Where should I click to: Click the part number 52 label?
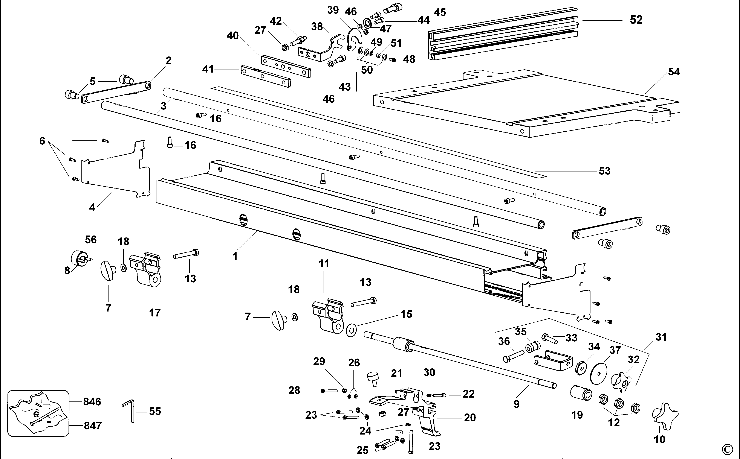point(636,20)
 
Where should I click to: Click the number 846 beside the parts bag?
point(92,402)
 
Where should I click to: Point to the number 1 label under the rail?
point(235,257)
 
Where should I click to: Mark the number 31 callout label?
point(661,337)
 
